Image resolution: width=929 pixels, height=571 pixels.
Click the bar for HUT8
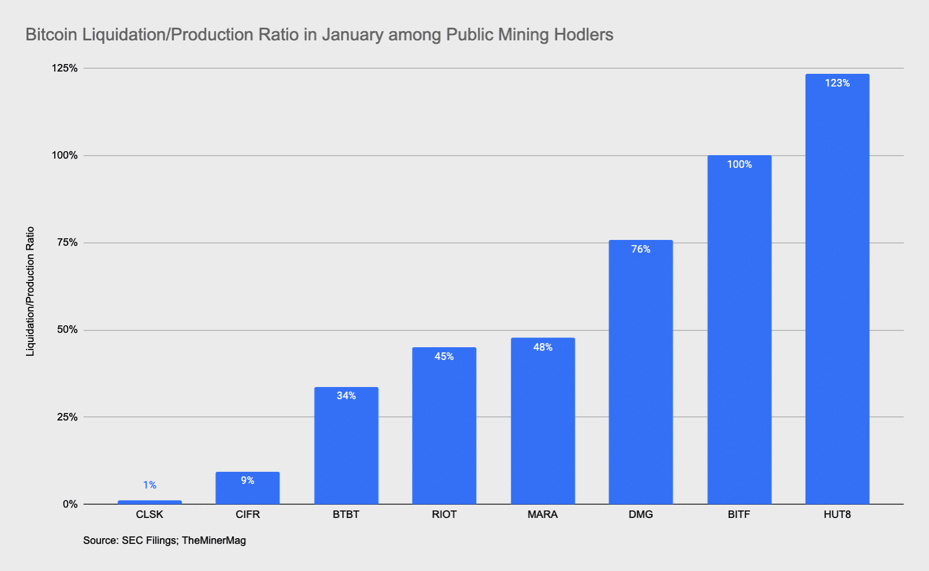tap(837, 288)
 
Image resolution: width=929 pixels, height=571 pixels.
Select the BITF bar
tap(739, 329)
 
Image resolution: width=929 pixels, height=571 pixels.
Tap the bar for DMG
tap(640, 372)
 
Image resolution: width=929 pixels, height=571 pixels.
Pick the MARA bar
tap(542, 421)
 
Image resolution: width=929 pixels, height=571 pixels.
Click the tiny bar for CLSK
tap(149, 502)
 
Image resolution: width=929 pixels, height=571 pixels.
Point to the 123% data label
tap(837, 83)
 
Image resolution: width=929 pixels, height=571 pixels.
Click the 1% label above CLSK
tap(149, 485)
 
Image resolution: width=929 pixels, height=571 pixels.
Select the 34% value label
tap(346, 396)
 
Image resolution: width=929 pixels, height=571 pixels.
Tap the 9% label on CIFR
tap(248, 480)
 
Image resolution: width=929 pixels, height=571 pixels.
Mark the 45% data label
tap(444, 356)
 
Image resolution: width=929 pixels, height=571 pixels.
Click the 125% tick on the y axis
tap(65, 68)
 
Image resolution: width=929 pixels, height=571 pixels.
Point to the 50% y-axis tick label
tap(67, 330)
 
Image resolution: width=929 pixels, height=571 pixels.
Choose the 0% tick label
tap(70, 504)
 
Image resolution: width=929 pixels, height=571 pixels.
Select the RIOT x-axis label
tap(444, 514)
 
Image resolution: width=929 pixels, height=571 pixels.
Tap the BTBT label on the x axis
tap(346, 514)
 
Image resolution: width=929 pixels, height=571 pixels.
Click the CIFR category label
tap(248, 514)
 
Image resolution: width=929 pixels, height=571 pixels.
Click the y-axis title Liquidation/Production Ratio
tap(31, 291)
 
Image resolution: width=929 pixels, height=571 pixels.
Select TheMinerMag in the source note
tap(213, 540)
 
